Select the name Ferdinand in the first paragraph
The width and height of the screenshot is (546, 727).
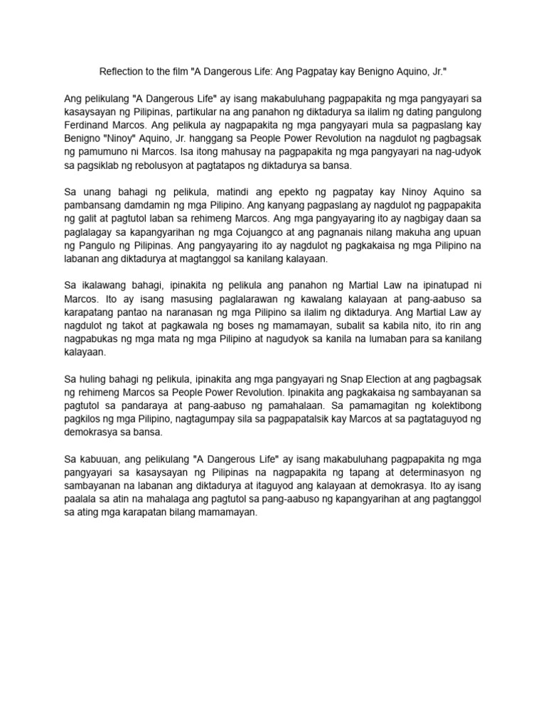click(x=90, y=126)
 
